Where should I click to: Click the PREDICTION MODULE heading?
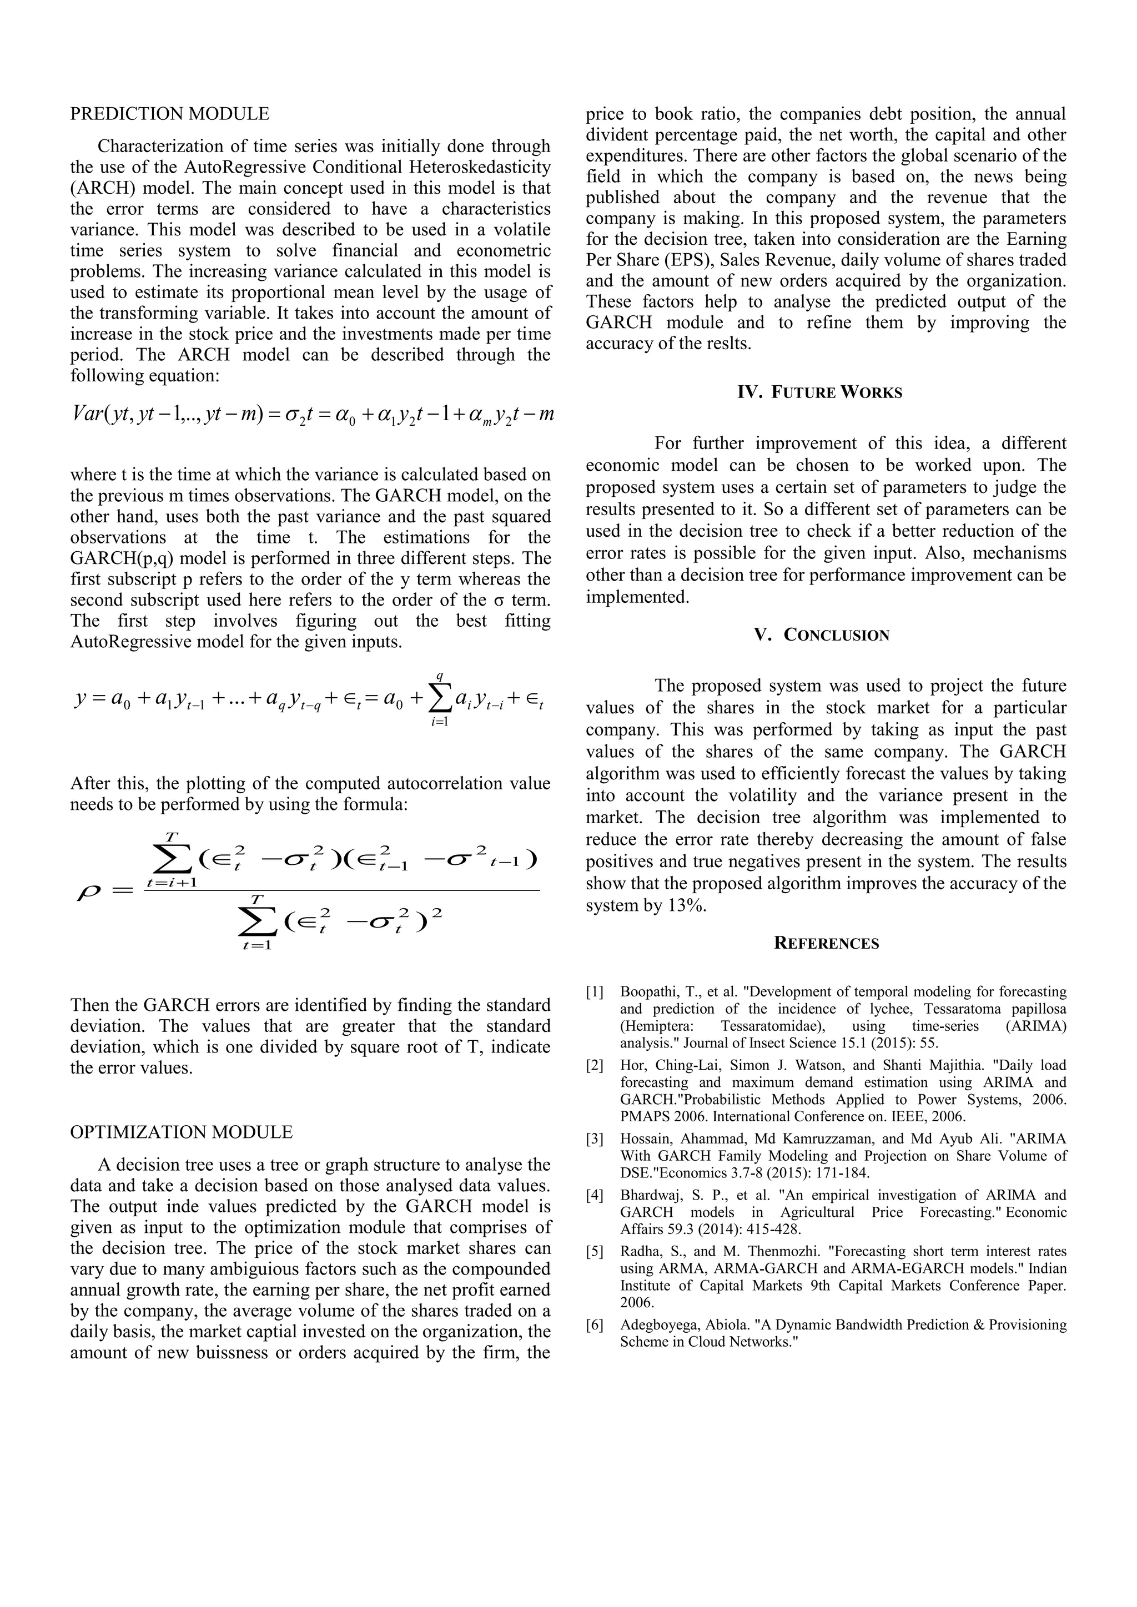(169, 113)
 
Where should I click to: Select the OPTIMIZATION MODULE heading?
(182, 1132)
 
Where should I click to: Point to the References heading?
(826, 943)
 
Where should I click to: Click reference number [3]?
(595, 1138)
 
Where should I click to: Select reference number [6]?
(595, 1325)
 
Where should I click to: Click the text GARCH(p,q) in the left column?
(115, 558)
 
